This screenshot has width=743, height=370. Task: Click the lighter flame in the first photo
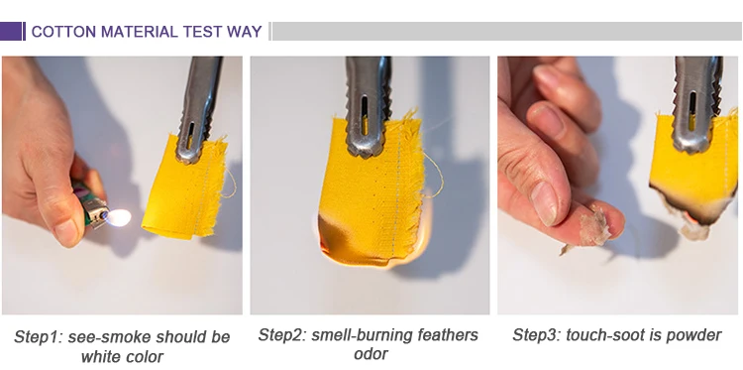(118, 217)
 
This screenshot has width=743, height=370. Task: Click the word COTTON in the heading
(63, 32)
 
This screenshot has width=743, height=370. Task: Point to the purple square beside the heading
(11, 32)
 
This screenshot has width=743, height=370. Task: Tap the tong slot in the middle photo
(364, 116)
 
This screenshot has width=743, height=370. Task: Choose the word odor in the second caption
(371, 354)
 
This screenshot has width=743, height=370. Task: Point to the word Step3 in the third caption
(535, 335)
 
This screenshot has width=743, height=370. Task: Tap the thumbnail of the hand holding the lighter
(67, 231)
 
